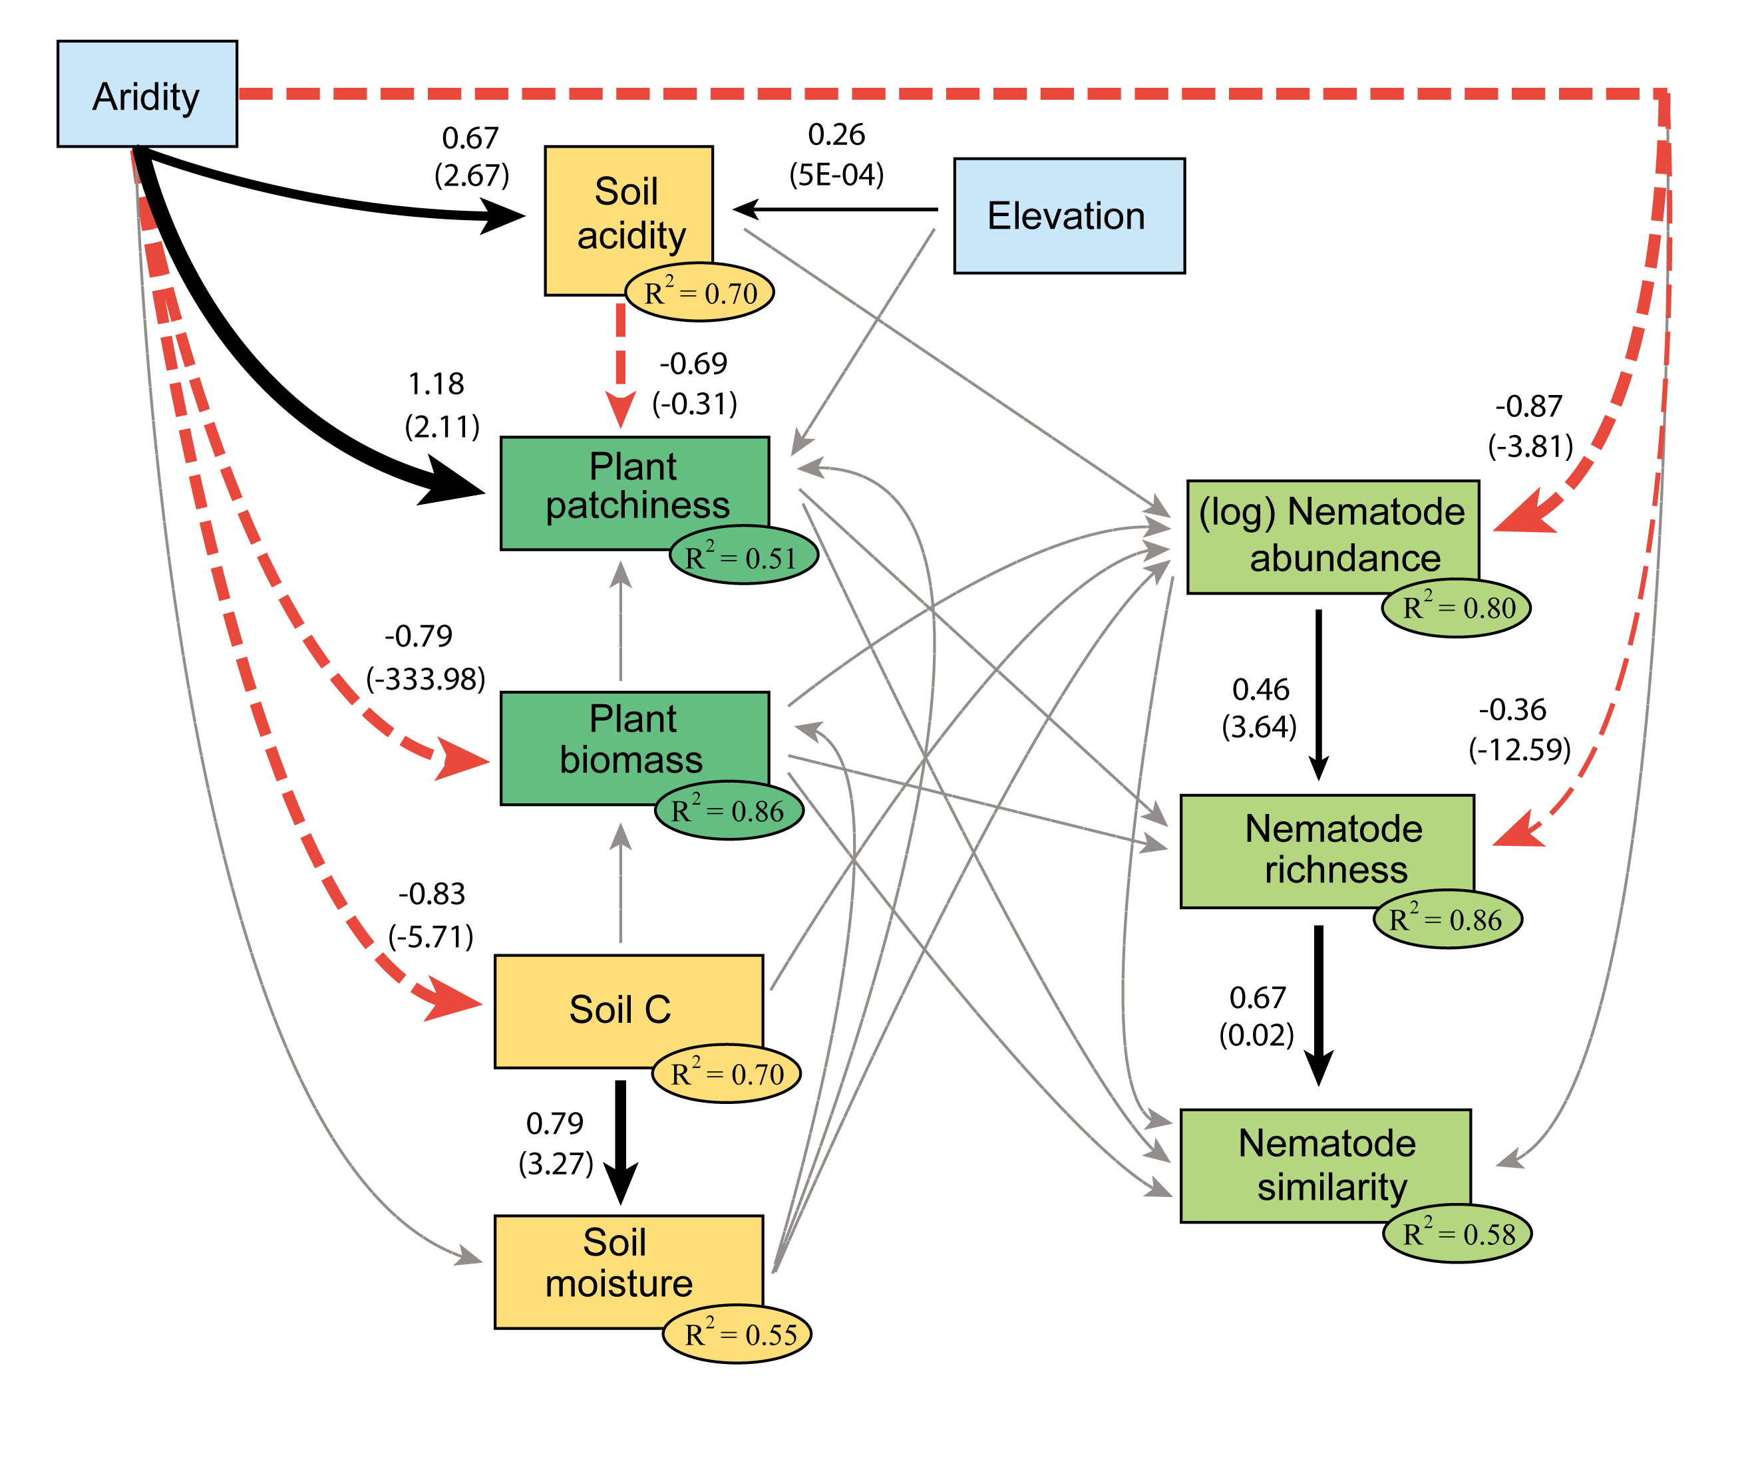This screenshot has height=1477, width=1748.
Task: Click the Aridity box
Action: tap(146, 94)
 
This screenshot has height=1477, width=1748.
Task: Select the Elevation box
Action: tap(1069, 215)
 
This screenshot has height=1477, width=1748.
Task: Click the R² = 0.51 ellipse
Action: tap(743, 557)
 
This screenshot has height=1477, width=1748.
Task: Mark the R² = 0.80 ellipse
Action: tap(1455, 607)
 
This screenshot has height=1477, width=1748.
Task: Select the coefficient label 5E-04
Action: tap(836, 174)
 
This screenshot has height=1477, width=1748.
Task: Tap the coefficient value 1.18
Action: tap(436, 384)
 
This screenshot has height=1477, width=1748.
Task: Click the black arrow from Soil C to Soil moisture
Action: tap(621, 1139)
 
